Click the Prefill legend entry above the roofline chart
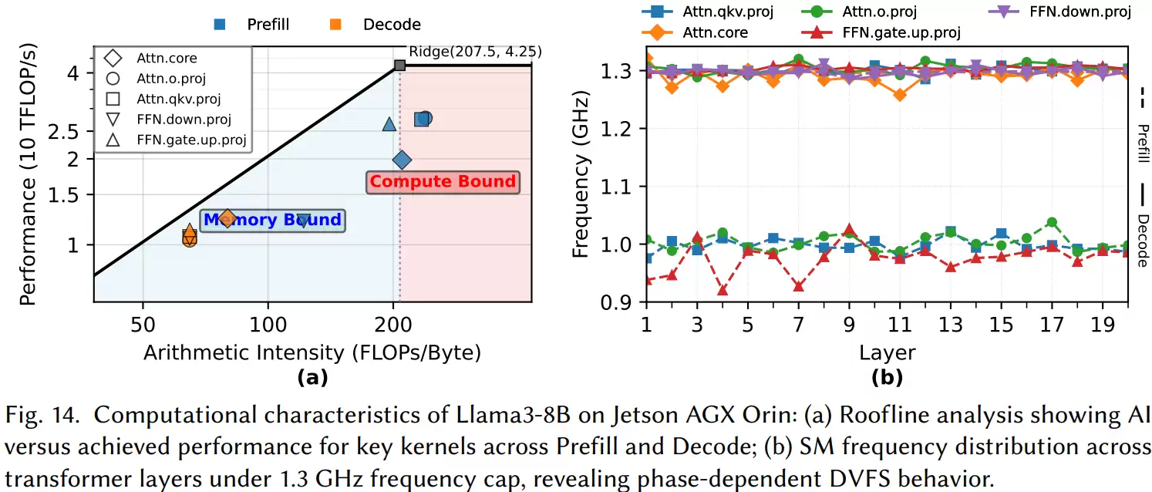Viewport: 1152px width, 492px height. [x=251, y=24]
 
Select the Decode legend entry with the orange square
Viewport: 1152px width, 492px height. [x=375, y=24]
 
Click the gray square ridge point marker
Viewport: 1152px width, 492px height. [x=399, y=66]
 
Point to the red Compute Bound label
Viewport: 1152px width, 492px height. [x=443, y=182]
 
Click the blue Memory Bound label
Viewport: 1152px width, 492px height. [x=272, y=220]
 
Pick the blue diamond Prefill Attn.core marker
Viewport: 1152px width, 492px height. [x=402, y=160]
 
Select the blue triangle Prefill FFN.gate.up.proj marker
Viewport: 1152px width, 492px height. [x=389, y=124]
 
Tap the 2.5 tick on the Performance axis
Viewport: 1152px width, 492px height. [x=63, y=132]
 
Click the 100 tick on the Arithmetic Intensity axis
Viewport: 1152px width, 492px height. [x=268, y=325]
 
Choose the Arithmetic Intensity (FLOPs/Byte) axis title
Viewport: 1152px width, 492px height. [x=312, y=352]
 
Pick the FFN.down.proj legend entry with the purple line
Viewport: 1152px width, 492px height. [x=1059, y=12]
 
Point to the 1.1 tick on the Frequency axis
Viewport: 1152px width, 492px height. [x=616, y=187]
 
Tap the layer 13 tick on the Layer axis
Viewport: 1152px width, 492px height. [x=951, y=325]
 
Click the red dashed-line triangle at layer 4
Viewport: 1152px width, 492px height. [x=722, y=291]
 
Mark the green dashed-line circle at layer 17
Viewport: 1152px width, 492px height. [x=1052, y=223]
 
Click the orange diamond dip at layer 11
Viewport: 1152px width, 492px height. [x=900, y=95]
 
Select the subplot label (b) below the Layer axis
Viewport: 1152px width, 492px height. [x=888, y=378]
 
